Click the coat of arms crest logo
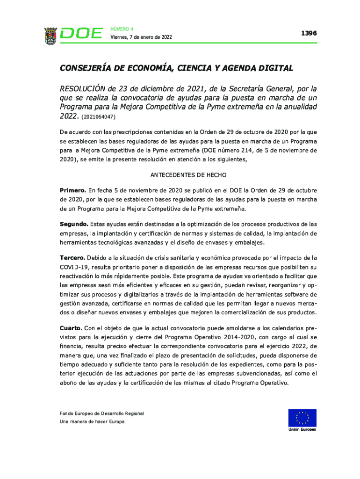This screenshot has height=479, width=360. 50,35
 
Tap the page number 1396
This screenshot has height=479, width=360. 309,33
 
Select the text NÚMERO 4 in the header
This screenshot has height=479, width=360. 122,29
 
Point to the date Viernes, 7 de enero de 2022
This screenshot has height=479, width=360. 141,37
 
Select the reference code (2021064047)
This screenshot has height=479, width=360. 98,116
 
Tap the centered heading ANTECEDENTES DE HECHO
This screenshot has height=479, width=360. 188,175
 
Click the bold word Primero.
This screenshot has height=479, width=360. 72,190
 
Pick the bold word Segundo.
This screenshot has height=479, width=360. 74,224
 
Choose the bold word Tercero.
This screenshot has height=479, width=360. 72,258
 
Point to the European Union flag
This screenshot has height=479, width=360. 302,418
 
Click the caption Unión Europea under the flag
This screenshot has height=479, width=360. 302,430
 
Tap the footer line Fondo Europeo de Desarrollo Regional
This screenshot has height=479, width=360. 102,414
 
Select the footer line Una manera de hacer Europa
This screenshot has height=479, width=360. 92,422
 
